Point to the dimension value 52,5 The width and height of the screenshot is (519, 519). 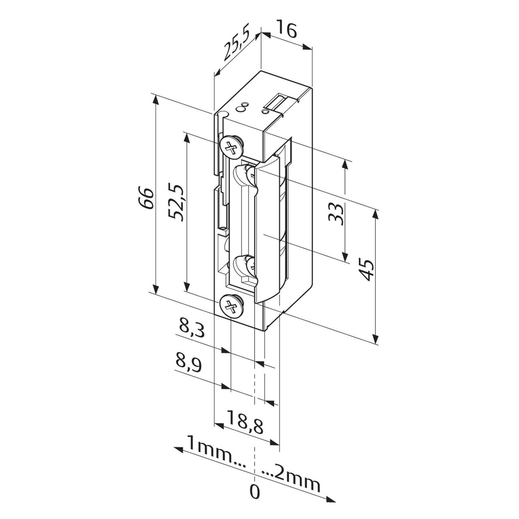(177, 203)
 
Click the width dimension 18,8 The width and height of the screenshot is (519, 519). (245, 422)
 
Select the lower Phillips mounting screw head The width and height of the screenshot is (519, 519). (231, 305)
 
